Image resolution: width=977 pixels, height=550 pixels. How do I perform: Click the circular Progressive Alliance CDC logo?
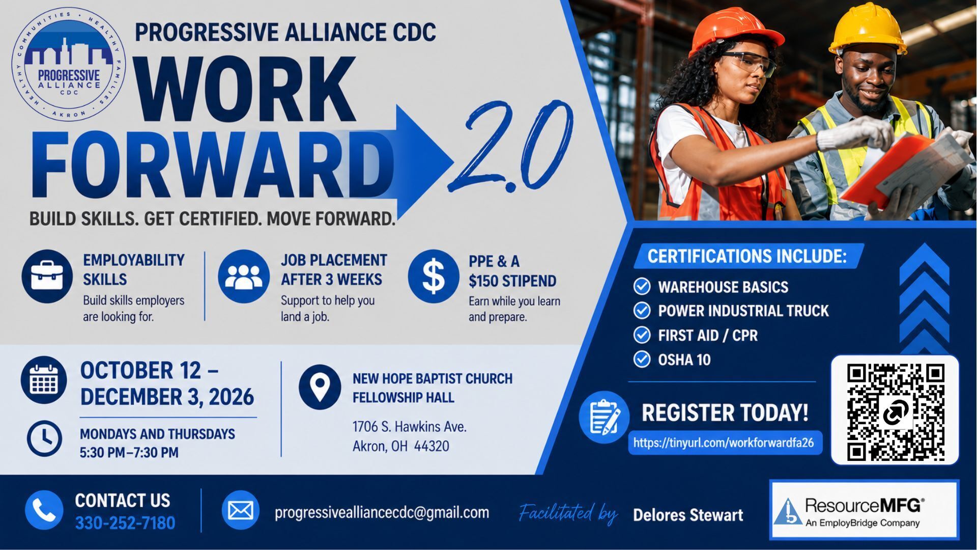pyautogui.click(x=69, y=65)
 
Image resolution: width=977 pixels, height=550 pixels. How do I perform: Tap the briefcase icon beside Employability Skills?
pyautogui.click(x=47, y=276)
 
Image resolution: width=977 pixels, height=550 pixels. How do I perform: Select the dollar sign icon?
pyautogui.click(x=434, y=277)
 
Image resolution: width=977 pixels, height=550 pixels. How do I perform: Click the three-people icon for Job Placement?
pyautogui.click(x=244, y=277)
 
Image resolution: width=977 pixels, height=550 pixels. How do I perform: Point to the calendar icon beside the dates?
pyautogui.click(x=44, y=380)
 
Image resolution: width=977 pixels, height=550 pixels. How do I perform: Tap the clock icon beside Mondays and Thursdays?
pyautogui.click(x=44, y=438)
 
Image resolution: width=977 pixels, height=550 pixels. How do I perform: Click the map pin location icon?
pyautogui.click(x=320, y=387)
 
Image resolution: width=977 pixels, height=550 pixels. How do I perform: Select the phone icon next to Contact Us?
pyautogui.click(x=44, y=510)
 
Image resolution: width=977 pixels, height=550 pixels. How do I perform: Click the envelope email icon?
pyautogui.click(x=241, y=510)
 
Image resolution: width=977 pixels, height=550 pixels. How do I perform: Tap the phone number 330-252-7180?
pyautogui.click(x=125, y=523)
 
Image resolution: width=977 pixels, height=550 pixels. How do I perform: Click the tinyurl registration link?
pyautogui.click(x=724, y=443)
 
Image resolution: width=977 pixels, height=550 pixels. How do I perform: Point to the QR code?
pyautogui.click(x=895, y=410)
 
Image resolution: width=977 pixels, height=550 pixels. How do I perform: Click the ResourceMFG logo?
pyautogui.click(x=864, y=510)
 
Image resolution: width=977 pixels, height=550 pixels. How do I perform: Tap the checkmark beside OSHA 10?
pyautogui.click(x=642, y=359)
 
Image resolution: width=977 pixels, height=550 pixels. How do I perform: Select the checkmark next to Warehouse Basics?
pyautogui.click(x=642, y=286)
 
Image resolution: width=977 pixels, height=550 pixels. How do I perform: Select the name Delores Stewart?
pyautogui.click(x=688, y=515)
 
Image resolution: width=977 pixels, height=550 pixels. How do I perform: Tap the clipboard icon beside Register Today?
pyautogui.click(x=604, y=417)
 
